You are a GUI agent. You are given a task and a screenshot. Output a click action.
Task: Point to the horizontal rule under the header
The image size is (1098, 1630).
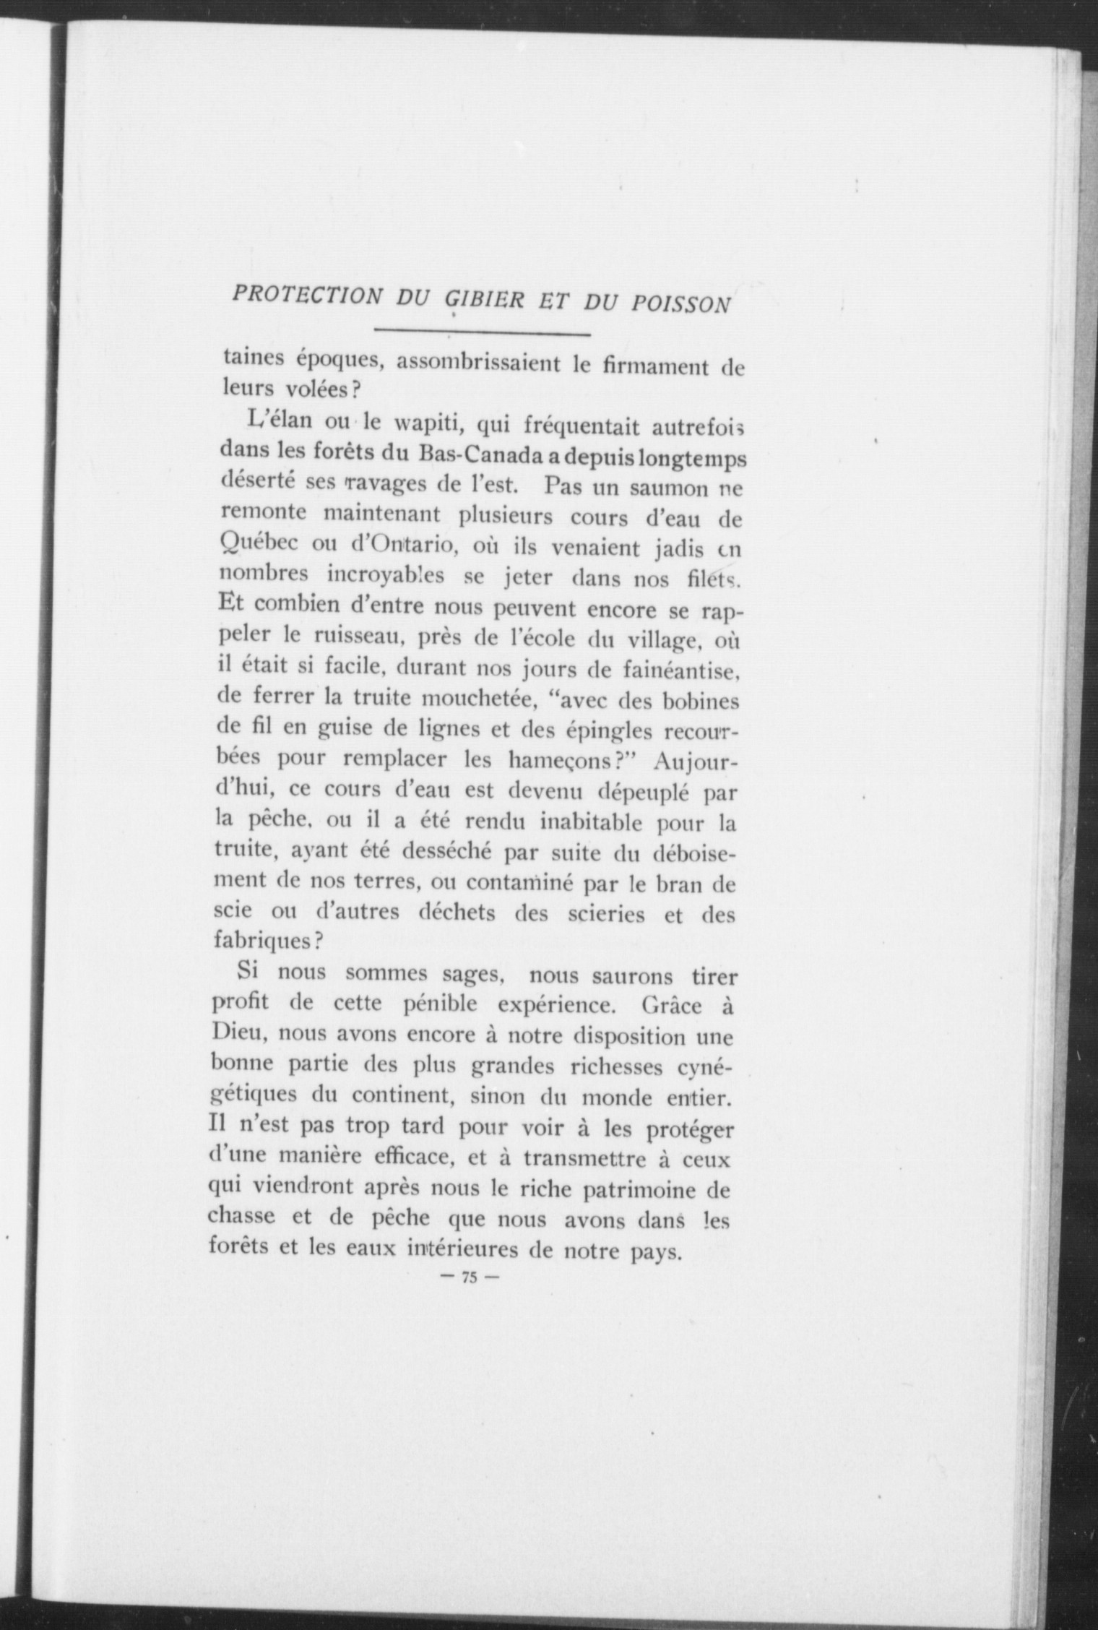[x=482, y=334]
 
